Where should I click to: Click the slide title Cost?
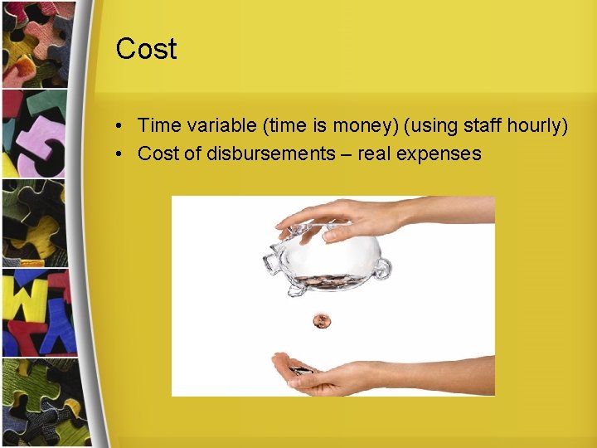tap(146, 49)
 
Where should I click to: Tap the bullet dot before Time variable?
tap(120, 127)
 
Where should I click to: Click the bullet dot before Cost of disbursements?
tap(120, 154)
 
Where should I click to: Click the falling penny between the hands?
tap(320, 320)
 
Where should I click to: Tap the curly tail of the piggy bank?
tap(382, 268)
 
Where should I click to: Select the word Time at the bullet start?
tap(157, 126)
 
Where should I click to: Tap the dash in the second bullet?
tap(346, 153)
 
